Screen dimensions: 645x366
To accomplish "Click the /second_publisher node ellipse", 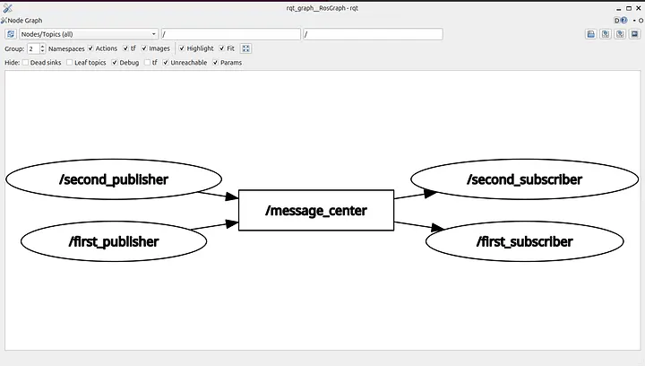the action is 114,179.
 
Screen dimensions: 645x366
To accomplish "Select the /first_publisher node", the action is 114,241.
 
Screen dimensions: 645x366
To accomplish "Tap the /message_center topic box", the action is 316,211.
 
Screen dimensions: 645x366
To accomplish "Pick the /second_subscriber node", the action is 524,179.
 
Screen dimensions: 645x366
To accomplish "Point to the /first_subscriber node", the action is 524,241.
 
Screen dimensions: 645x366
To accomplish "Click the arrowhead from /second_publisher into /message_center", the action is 232,196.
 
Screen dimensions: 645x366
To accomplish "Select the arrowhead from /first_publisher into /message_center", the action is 232,224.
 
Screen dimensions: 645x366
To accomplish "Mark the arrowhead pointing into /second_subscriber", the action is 430,193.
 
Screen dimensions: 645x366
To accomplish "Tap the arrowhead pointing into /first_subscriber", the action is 438,227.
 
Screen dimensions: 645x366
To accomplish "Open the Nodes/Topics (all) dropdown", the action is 89,34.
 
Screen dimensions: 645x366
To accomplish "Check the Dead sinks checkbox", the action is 25,63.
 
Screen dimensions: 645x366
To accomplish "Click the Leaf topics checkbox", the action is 70,63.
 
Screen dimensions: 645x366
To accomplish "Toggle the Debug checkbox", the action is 115,63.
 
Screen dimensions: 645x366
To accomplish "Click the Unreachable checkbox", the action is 166,63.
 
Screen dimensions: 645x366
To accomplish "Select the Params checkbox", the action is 216,63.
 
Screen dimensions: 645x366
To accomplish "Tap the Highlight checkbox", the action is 182,48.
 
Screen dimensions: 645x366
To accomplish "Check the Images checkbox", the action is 144,48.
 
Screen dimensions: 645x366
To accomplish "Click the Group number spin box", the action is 36,48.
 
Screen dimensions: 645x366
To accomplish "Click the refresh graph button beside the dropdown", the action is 11,34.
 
